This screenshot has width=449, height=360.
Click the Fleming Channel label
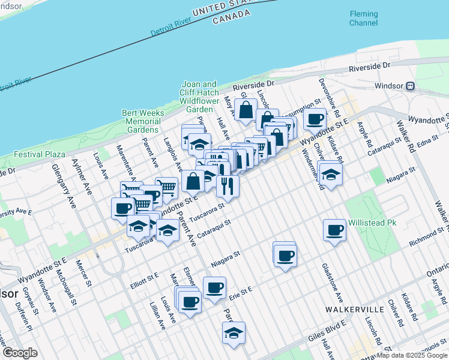click(364, 19)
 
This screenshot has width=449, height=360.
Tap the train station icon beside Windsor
click(411, 86)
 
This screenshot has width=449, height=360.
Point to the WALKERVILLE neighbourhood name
click(354, 309)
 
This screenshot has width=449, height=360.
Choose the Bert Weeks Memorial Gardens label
click(142, 121)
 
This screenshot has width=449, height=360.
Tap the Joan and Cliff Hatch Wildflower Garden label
click(199, 97)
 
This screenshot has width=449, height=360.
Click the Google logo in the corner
click(20, 353)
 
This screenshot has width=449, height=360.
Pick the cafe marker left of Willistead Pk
click(334, 229)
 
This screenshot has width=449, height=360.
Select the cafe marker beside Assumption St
click(315, 118)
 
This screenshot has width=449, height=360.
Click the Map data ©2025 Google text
click(411, 355)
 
